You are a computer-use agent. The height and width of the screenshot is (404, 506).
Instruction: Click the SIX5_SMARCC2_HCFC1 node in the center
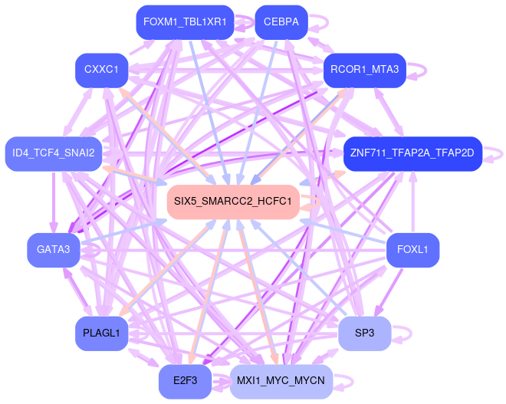point(232,202)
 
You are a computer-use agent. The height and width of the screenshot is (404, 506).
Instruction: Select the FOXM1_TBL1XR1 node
point(184,22)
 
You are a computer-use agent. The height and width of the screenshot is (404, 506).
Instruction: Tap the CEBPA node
point(281,22)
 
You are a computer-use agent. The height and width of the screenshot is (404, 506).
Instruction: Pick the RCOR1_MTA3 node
point(364,70)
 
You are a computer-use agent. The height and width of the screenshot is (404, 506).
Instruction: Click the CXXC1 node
point(101,70)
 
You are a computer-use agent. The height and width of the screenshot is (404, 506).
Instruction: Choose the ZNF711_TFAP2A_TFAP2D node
point(412,153)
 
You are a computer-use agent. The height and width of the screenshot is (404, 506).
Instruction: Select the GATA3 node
point(53,249)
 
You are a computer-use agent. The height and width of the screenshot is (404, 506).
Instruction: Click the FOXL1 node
point(412,249)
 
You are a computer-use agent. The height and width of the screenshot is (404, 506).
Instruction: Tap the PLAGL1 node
point(101,333)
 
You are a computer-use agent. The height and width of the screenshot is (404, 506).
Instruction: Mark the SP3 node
point(364,333)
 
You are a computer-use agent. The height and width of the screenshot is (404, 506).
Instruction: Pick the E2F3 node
point(185,381)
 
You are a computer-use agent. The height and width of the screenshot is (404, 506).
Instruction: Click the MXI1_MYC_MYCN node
point(281,381)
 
